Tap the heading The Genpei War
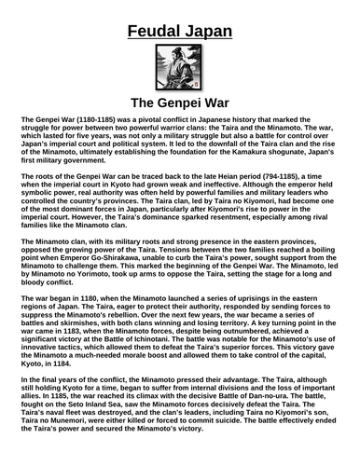point(180,103)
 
